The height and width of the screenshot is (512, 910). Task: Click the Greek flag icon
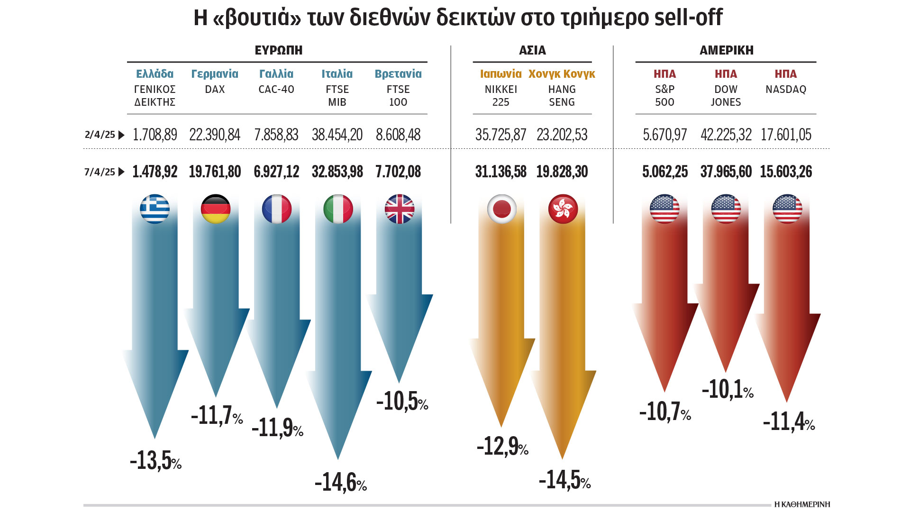point(155,209)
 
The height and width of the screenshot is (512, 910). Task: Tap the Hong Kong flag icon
point(563,209)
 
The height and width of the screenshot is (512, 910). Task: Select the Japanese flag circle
point(501,209)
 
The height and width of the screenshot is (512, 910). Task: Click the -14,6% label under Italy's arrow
point(340,482)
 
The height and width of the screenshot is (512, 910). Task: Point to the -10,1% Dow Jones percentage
point(727,390)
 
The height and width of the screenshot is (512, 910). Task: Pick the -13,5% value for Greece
point(155,460)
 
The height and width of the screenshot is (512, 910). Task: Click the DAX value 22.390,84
point(215,135)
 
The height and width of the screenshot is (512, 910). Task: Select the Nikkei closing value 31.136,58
point(500,172)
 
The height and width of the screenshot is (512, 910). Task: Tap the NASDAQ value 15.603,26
point(786,172)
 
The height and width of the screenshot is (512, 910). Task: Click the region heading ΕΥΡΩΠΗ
point(279,50)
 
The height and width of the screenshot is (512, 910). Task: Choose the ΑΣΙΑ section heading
point(532,50)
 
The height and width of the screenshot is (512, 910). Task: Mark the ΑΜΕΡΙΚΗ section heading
point(727,50)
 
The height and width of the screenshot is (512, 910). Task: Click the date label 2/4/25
point(100,135)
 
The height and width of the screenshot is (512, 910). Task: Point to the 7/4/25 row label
point(100,172)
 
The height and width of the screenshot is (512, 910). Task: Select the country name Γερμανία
point(215,74)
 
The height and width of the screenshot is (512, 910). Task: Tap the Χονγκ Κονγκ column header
point(562,74)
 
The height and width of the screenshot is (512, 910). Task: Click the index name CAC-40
point(276,89)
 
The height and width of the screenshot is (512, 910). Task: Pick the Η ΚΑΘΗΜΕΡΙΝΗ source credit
point(802,504)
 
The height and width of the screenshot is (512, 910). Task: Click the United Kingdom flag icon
point(400,209)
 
